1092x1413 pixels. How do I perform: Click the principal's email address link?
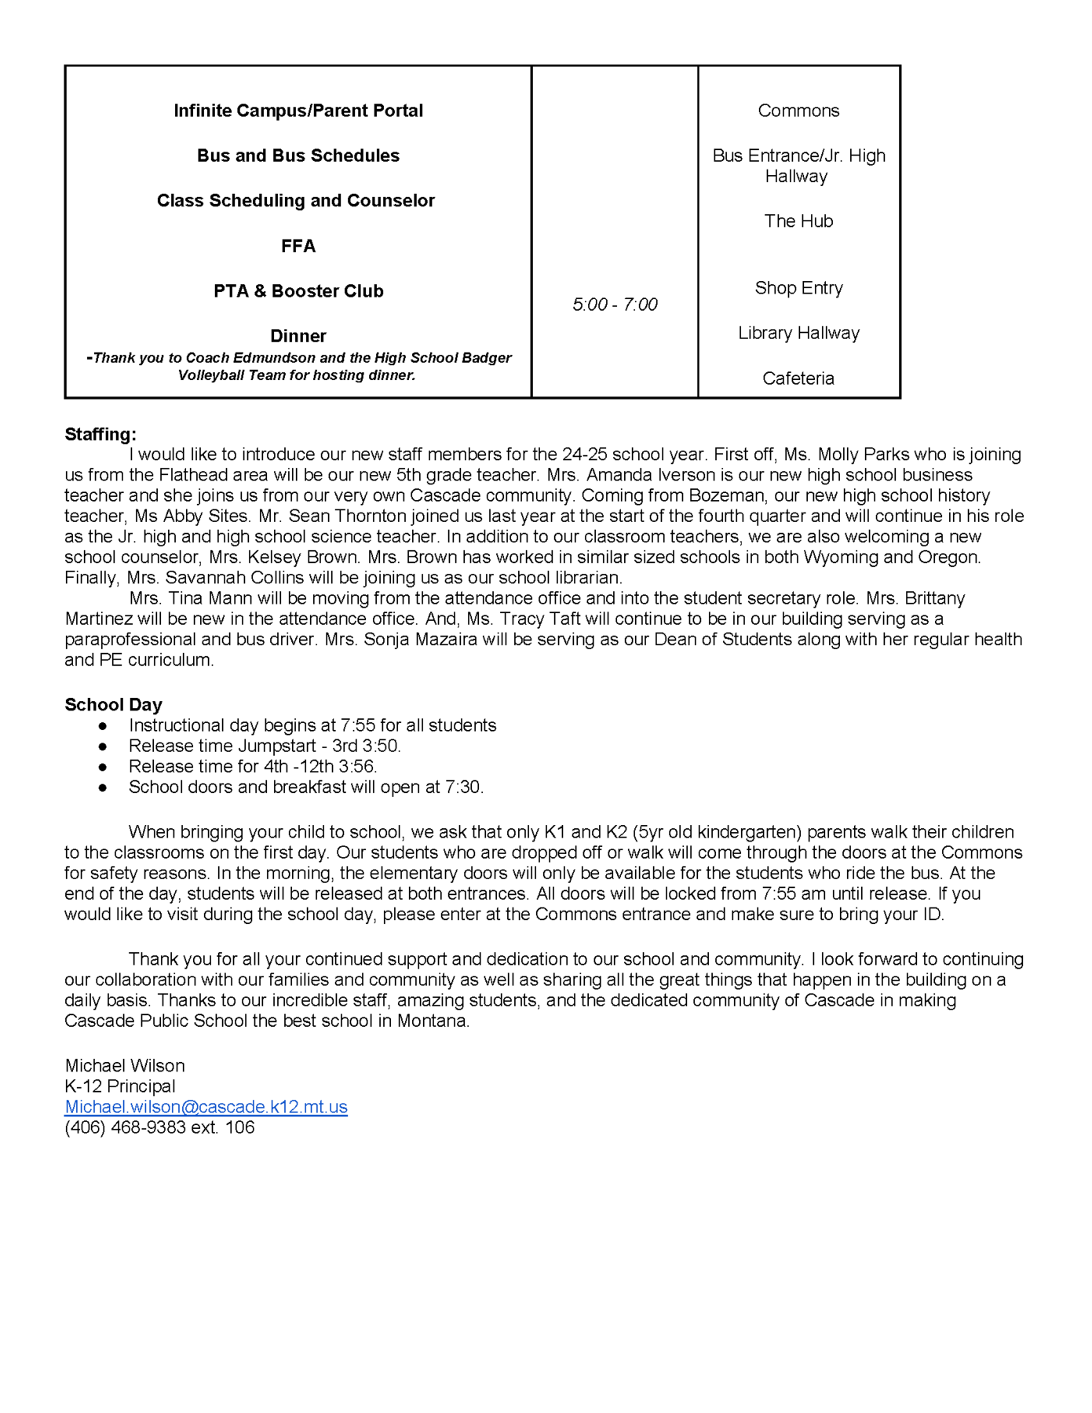(206, 1107)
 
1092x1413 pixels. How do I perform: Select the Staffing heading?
(100, 434)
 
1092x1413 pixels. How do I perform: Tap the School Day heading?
(113, 704)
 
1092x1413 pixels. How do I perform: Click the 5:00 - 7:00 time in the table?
(615, 305)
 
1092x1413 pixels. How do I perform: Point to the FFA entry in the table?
(298, 246)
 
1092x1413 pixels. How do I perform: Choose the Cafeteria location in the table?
(798, 378)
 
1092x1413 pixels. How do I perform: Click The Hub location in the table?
(798, 221)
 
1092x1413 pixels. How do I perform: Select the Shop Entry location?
(798, 288)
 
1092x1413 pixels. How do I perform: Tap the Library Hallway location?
(798, 333)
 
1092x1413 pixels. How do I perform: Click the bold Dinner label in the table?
(298, 336)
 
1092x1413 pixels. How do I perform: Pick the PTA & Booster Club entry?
(298, 291)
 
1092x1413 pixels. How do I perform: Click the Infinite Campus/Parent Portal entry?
(298, 111)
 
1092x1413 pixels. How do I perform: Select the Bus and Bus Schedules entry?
(298, 155)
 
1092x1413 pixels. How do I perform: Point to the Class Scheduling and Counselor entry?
(296, 201)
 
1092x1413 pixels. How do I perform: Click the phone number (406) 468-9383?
(126, 1127)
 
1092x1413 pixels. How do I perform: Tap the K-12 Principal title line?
(120, 1086)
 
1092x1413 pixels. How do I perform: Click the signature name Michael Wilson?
(125, 1066)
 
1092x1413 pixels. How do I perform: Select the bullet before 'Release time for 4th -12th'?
(102, 767)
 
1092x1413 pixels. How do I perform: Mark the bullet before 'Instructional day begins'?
(102, 726)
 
